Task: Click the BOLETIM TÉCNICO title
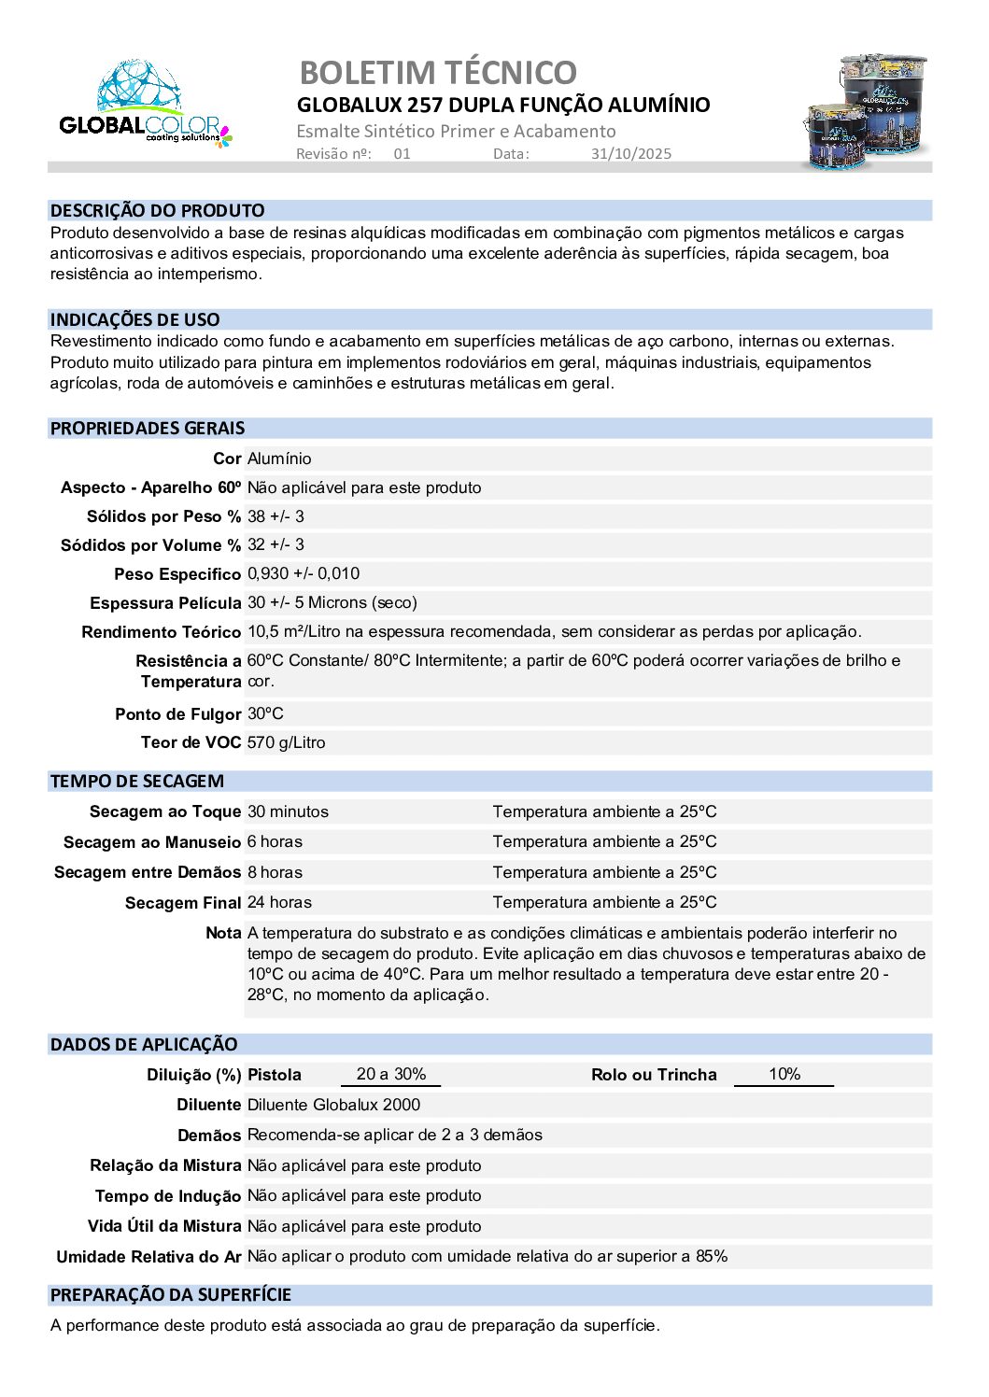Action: [438, 72]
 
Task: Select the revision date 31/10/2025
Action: [630, 154]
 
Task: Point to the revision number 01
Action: [402, 154]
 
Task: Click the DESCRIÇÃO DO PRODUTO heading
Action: [157, 211]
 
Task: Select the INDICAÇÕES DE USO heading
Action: [135, 320]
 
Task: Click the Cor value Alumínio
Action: [279, 459]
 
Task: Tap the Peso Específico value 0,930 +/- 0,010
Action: [304, 573]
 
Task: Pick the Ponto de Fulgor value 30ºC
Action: [265, 713]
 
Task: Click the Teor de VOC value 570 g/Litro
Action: [287, 742]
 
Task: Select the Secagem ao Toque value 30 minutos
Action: [288, 811]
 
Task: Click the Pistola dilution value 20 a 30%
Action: [391, 1074]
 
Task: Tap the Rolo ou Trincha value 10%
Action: [784, 1074]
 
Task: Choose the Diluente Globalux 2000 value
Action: [333, 1105]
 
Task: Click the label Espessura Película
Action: [165, 603]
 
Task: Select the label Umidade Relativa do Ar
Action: [149, 1257]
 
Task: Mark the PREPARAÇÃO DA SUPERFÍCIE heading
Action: [171, 1295]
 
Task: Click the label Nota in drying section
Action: [223, 933]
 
